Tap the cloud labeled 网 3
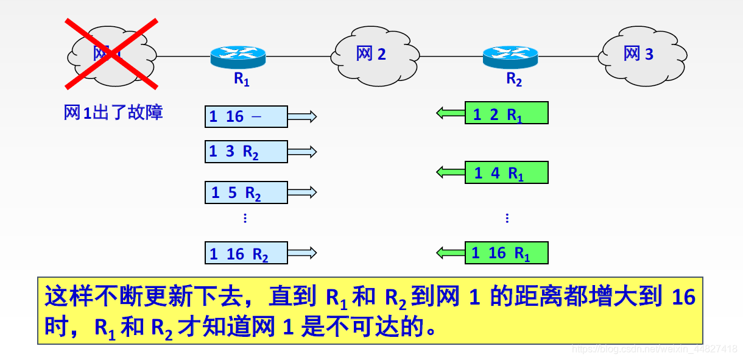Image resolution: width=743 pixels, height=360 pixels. (x=639, y=54)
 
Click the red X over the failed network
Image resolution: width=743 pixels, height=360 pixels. (x=111, y=54)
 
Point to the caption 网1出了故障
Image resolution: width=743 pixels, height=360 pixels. (x=113, y=113)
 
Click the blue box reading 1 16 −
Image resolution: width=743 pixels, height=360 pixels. (x=246, y=116)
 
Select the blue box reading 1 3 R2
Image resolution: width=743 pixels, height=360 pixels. (x=246, y=152)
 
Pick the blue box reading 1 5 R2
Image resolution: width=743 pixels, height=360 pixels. (x=246, y=192)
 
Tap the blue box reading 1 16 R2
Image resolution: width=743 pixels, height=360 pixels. (x=246, y=253)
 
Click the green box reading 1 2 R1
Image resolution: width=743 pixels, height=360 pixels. (x=507, y=113)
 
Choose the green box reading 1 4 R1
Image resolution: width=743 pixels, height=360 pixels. (x=507, y=172)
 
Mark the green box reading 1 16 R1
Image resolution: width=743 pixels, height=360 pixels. (x=507, y=253)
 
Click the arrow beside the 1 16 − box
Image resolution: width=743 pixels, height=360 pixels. (x=303, y=116)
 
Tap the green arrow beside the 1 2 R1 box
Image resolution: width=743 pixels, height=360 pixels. (x=451, y=113)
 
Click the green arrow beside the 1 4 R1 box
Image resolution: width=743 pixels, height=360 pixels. (x=451, y=172)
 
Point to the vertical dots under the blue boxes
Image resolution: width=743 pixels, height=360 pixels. (x=245, y=218)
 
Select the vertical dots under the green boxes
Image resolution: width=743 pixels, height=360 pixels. (x=507, y=218)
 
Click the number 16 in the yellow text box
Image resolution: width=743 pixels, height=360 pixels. (x=683, y=297)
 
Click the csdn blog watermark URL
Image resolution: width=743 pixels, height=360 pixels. (x=655, y=349)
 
